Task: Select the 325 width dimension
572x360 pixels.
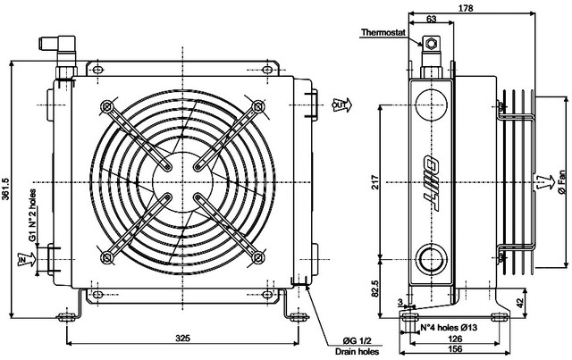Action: pyautogui.click(x=182, y=339)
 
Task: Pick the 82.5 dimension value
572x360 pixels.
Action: pyautogui.click(x=374, y=290)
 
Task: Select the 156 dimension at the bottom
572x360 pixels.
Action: pyautogui.click(x=456, y=350)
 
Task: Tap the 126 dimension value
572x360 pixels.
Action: pyautogui.click(x=456, y=339)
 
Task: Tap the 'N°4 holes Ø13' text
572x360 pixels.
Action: pyautogui.click(x=453, y=327)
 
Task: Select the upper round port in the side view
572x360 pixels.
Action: pyautogui.click(x=432, y=99)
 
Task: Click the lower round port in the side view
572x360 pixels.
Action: pyautogui.click(x=432, y=260)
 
